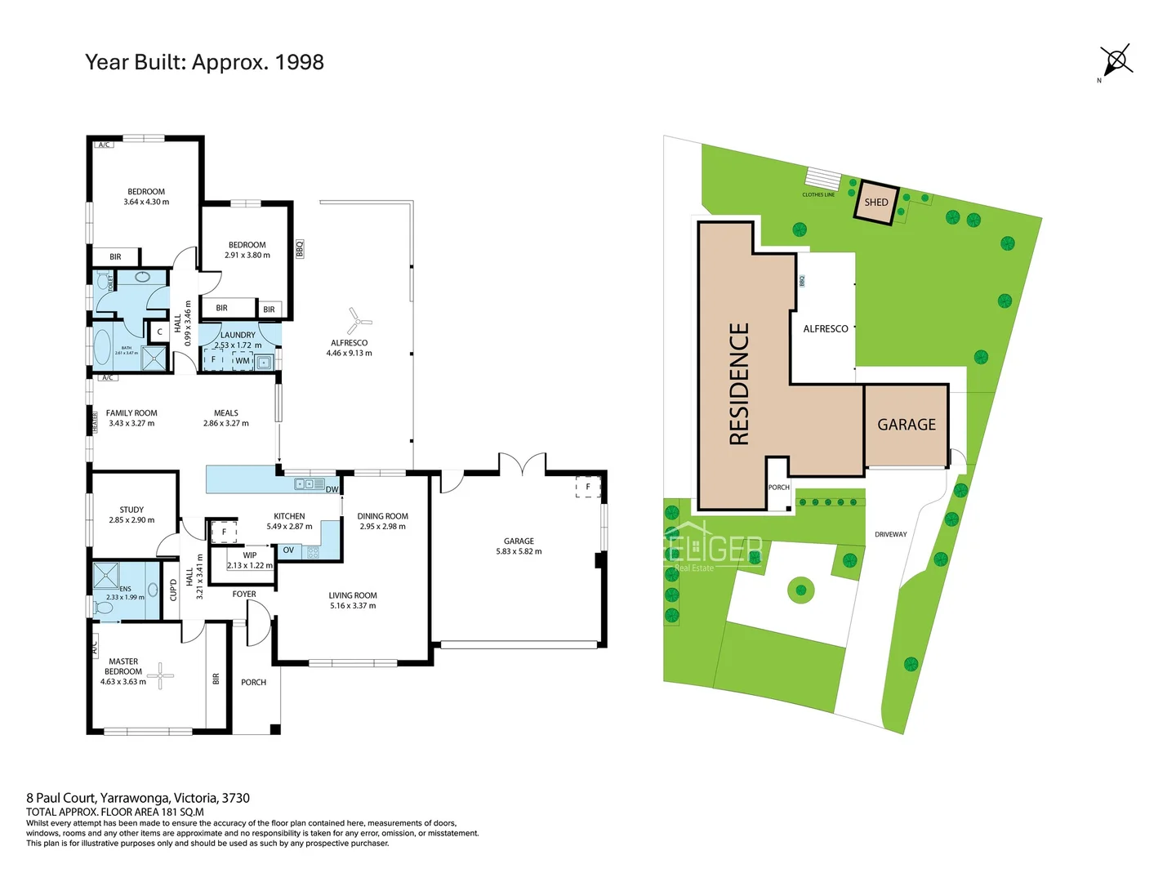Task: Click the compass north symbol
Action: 1116,60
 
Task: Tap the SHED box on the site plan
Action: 876,202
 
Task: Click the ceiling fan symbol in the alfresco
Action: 358,321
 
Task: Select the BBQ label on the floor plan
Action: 300,248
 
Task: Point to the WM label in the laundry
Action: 243,360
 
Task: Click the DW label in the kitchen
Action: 332,489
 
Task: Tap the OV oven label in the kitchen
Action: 288,550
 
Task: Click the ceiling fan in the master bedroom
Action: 161,675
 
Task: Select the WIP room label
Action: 250,555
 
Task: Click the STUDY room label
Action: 131,510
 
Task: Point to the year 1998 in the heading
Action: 299,62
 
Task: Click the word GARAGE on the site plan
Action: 906,425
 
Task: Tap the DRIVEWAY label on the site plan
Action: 891,534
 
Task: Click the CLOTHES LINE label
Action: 818,194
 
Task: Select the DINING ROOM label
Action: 382,516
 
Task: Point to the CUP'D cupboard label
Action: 173,590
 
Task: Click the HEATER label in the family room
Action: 95,421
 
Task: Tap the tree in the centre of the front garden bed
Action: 801,590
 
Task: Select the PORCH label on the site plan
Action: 779,488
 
